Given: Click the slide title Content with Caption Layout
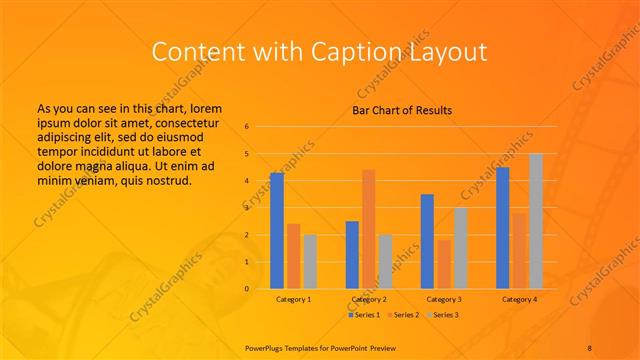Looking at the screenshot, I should pos(319,52).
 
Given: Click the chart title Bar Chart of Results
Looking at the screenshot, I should pos(402,109).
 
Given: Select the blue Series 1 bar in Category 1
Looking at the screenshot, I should pos(277,230).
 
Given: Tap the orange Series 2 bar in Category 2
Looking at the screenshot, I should pos(368,229).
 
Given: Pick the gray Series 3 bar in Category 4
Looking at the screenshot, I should pos(536,221).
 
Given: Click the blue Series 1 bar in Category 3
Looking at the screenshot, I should pos(427,241).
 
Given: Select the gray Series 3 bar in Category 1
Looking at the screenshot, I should pos(310,261).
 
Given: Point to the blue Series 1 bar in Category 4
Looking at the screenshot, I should pos(502,227).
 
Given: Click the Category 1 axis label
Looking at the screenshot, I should pos(293,299).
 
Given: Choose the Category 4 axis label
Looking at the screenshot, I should pos(519,299).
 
